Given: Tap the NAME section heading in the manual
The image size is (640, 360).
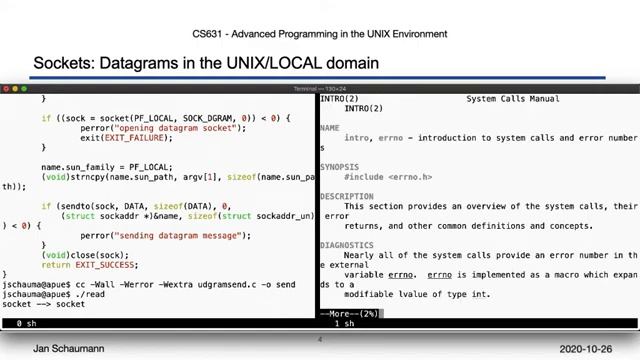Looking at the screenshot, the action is tap(329, 128).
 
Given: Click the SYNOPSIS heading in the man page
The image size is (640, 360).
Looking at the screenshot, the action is tap(338, 167).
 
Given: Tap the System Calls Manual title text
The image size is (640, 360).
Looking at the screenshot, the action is tap(512, 99).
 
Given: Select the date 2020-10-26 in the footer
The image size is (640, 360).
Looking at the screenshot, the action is tap(592, 349).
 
